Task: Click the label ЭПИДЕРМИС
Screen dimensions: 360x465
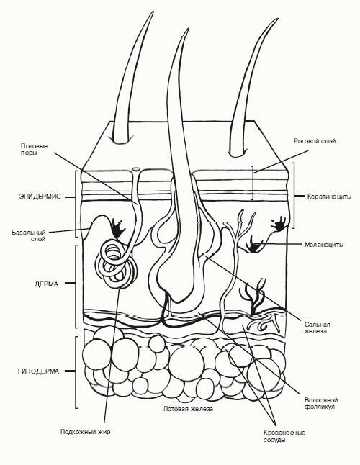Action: (40, 197)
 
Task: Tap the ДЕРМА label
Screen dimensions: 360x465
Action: (46, 284)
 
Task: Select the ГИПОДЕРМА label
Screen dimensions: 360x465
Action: (39, 371)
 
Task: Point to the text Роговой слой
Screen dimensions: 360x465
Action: (315, 141)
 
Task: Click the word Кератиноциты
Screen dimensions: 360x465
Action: (330, 197)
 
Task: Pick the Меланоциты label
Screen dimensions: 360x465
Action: (324, 245)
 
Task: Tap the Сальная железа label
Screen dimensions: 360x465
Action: (317, 328)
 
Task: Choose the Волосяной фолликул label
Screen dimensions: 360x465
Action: (321, 403)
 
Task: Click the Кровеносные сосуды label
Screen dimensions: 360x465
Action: (284, 436)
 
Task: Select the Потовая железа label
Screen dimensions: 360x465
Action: (189, 409)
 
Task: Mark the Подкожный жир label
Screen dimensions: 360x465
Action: (86, 432)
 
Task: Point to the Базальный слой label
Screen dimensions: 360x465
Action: (29, 235)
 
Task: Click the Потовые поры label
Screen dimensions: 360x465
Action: (34, 150)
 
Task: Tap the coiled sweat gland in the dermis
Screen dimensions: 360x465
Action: (116, 264)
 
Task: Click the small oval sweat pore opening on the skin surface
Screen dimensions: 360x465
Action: (136, 169)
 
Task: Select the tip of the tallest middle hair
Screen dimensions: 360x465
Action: (188, 29)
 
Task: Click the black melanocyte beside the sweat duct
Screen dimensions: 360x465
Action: (118, 227)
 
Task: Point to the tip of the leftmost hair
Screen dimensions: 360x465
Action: (153, 12)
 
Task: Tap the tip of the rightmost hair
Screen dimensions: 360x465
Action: (278, 19)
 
